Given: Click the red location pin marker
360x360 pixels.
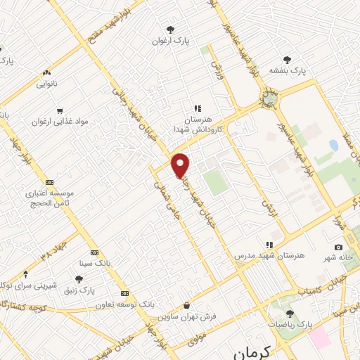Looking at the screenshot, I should pos(181,165).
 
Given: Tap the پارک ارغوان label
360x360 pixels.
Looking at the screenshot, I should pos(168,41).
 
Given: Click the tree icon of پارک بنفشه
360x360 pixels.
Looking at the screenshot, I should pos(286,60).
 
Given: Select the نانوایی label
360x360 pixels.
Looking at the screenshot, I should pos(48,84).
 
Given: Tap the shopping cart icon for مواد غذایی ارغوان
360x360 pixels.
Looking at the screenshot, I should pos(60,110).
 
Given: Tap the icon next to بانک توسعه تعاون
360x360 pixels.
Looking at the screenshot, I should pos(124,293).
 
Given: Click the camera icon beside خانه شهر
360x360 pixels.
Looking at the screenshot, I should pos(338,247).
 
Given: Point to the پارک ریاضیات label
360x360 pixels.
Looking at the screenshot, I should pos(289,325).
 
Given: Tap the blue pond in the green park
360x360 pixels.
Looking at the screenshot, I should pos(333,145).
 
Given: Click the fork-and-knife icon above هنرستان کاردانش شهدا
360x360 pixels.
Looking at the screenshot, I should pos(198,108).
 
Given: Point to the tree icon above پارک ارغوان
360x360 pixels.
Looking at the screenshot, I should pos(170,30).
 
